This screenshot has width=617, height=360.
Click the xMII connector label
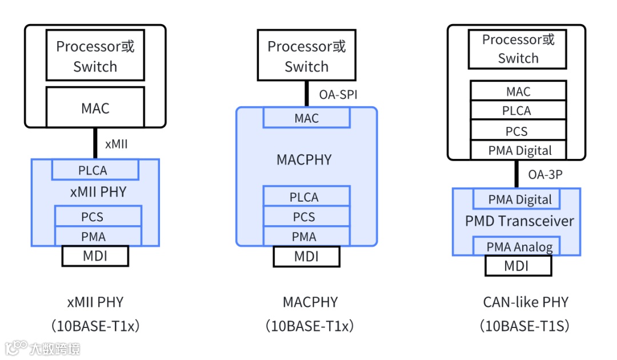click(x=117, y=144)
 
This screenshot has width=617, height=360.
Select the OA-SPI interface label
click(x=339, y=94)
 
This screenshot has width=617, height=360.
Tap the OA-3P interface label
click(x=546, y=174)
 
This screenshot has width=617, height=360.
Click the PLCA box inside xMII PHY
click(x=95, y=170)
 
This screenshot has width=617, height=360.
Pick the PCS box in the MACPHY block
click(x=306, y=217)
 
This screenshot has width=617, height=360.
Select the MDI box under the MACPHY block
click(x=306, y=257)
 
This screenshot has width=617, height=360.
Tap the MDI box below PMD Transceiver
click(x=518, y=266)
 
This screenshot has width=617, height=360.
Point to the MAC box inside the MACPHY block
click(x=306, y=118)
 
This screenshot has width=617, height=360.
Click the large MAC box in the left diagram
click(x=95, y=107)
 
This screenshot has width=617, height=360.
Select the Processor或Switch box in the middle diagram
click(x=306, y=56)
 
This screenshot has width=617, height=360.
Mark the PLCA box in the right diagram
click(x=518, y=111)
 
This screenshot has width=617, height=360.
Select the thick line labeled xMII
click(x=95, y=143)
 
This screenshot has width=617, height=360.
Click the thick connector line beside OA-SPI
click(x=307, y=94)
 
